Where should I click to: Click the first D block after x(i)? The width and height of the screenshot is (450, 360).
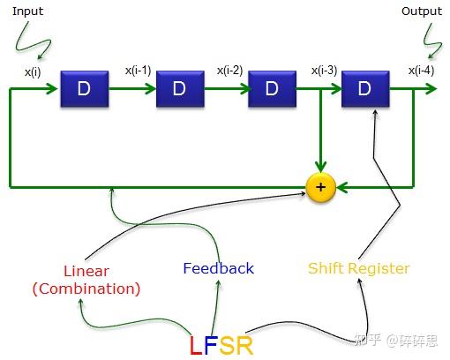pyautogui.click(x=84, y=89)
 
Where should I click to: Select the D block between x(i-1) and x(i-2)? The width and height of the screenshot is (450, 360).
pyautogui.click(x=179, y=89)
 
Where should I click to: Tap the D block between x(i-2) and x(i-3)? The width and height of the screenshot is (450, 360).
pyautogui.click(x=271, y=89)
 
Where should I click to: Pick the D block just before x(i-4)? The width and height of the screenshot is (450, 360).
pyautogui.click(x=364, y=89)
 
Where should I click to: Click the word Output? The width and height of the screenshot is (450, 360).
pyautogui.click(x=422, y=11)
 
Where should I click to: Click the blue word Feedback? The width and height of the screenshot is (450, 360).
pyautogui.click(x=218, y=268)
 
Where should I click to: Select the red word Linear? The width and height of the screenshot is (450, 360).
pyautogui.click(x=86, y=271)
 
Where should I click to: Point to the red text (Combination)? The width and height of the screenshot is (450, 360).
pyautogui.click(x=86, y=288)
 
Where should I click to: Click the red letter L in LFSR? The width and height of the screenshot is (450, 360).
pyautogui.click(x=197, y=345)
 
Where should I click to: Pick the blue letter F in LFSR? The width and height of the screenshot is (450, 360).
pyautogui.click(x=211, y=345)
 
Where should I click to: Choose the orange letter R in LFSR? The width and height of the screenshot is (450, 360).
pyautogui.click(x=244, y=345)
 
